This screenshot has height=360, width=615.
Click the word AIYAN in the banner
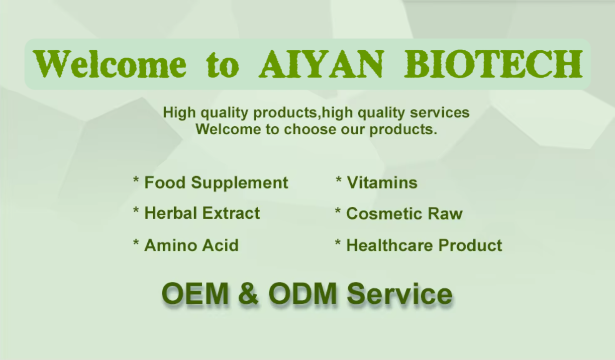(x=320, y=64)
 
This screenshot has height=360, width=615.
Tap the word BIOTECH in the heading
(x=494, y=64)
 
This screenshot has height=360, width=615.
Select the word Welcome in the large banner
(x=109, y=64)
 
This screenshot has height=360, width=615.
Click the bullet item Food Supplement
(x=210, y=182)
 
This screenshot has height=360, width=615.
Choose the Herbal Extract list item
(x=197, y=213)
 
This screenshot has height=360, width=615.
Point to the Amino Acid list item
(x=186, y=245)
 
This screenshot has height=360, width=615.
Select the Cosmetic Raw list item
(x=399, y=213)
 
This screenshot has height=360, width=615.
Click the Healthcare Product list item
(x=418, y=245)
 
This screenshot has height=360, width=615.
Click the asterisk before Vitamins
(x=338, y=180)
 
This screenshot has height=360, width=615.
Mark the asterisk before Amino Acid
(x=136, y=242)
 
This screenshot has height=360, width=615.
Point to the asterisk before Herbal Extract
(x=136, y=211)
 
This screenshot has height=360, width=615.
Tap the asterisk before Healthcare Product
(x=338, y=242)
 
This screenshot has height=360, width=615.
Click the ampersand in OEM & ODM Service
(x=248, y=293)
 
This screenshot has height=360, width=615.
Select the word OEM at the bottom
(x=195, y=293)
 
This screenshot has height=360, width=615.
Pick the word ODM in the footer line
(x=303, y=293)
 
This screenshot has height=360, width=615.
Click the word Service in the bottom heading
(x=400, y=293)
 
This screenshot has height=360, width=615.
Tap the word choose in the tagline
(x=310, y=129)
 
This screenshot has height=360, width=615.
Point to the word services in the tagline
(x=439, y=112)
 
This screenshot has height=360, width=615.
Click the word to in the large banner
(x=222, y=65)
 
